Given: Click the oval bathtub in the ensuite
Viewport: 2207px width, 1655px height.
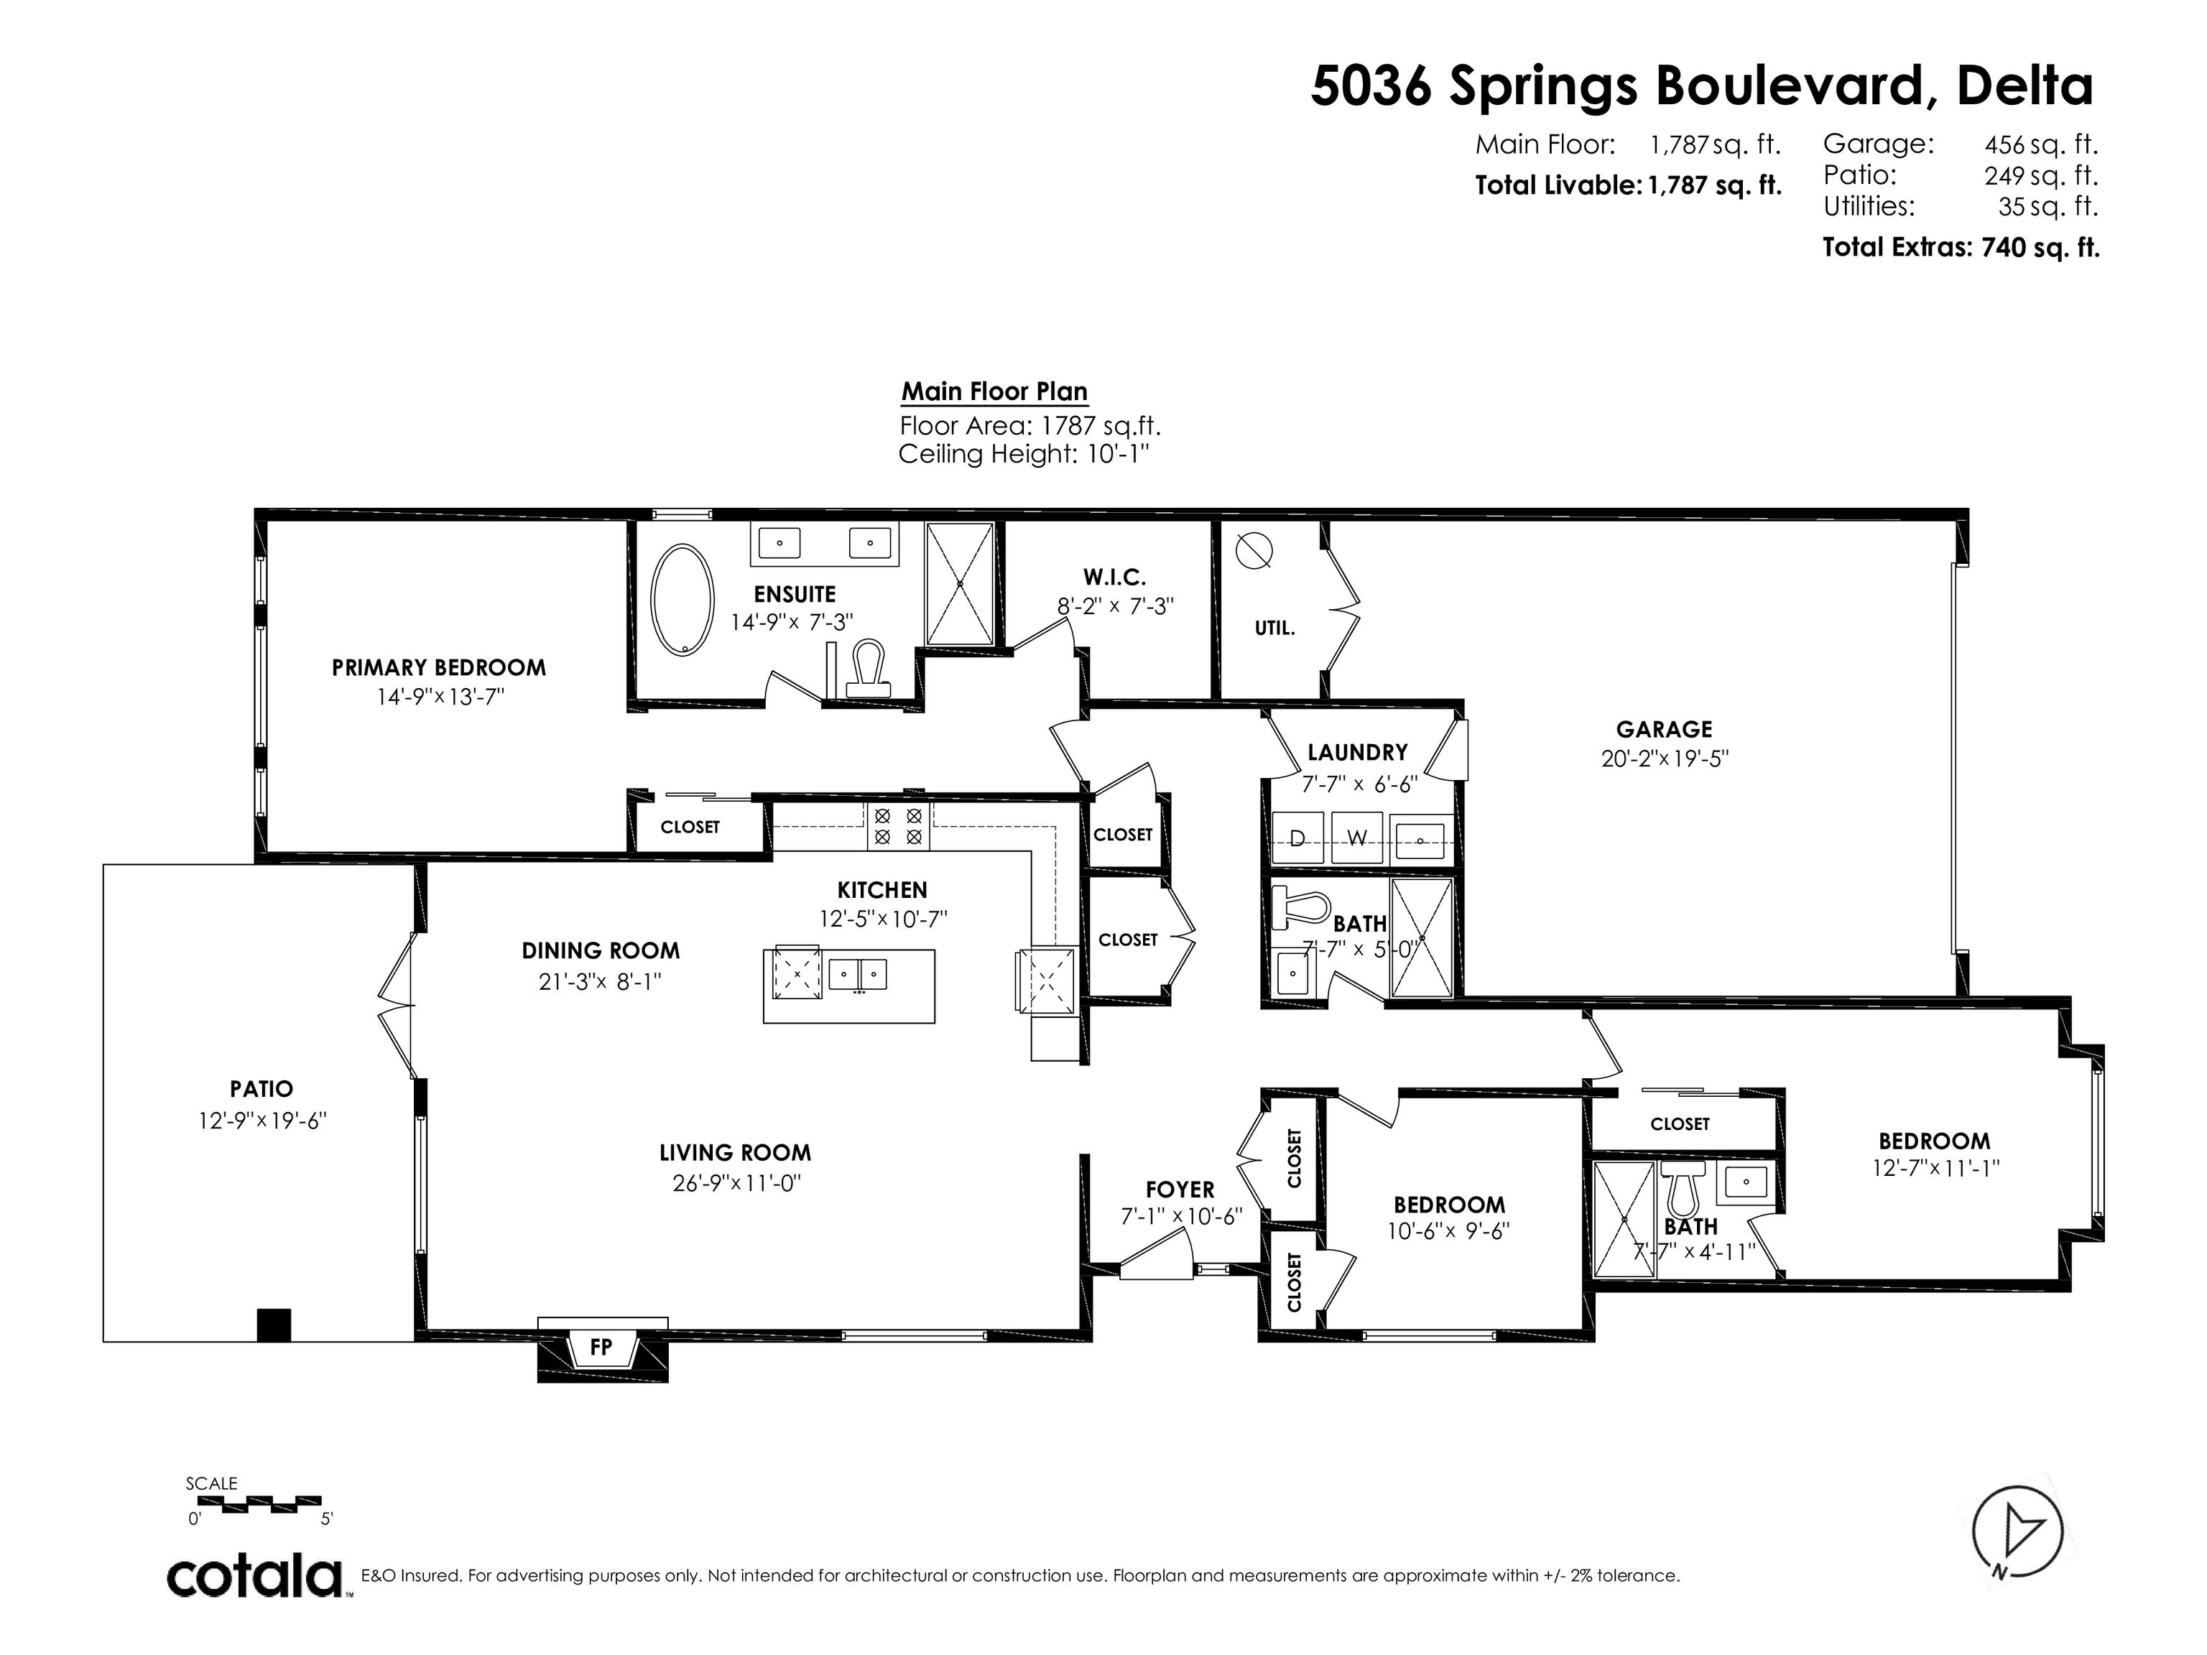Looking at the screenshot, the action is click(683, 598).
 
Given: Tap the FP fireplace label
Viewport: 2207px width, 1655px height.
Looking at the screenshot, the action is click(601, 1347).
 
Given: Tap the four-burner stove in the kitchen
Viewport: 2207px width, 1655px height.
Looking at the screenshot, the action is click(898, 826).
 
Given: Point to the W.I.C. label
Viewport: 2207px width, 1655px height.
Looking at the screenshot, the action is click(1114, 577).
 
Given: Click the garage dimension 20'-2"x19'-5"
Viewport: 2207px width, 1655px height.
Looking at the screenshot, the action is click(1664, 758).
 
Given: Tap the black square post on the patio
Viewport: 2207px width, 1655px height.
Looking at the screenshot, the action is click(274, 1325).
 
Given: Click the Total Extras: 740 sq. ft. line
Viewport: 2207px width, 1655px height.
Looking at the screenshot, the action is click(1961, 247).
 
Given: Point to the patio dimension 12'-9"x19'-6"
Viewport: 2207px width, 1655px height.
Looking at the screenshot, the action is click(262, 1121).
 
